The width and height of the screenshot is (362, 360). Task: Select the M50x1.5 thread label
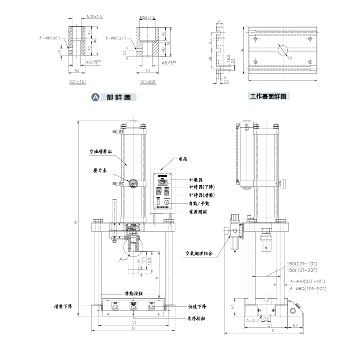[148, 18]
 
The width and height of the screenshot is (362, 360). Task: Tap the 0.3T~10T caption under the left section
[78, 82]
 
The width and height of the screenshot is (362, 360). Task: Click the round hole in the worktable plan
[281, 50]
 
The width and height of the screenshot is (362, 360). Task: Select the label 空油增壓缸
[101, 152]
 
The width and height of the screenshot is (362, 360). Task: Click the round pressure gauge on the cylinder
[134, 183]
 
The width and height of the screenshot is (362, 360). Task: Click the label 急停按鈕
[196, 319]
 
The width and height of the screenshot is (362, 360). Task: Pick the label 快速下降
[196, 306]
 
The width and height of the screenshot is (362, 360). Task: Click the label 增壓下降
[63, 306]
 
